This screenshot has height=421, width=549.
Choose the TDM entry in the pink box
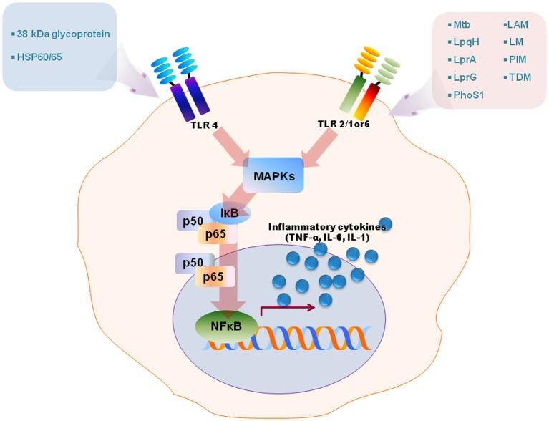click(518, 77)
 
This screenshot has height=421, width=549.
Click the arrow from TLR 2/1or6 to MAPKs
click(315, 150)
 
